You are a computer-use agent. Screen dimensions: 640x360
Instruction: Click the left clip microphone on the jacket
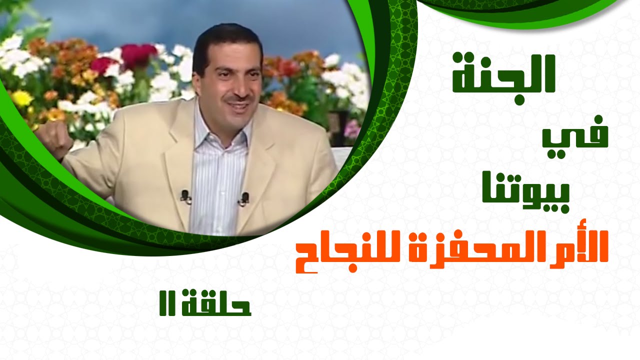click(185, 197)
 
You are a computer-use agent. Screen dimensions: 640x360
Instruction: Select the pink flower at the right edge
click(352, 129)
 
